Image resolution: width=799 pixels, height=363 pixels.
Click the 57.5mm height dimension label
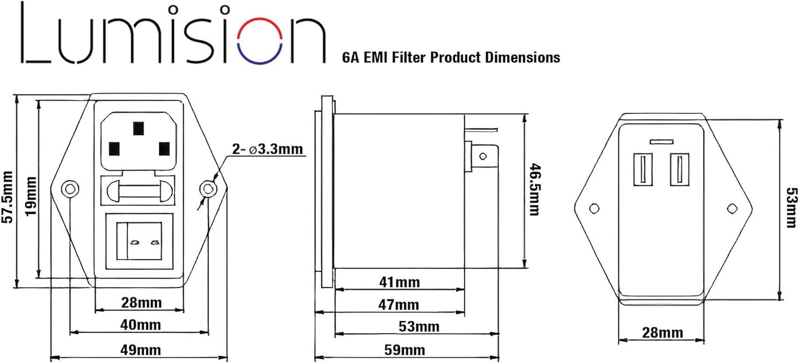click(7, 196)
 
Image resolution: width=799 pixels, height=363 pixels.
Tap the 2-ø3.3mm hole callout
click(267, 149)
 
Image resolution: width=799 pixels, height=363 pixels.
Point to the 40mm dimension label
click(140, 325)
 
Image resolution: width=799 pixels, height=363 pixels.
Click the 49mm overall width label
click(140, 350)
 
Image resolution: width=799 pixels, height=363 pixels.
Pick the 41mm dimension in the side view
click(399, 282)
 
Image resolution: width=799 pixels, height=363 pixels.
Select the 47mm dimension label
click(399, 305)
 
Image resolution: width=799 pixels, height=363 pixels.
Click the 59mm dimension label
click(405, 350)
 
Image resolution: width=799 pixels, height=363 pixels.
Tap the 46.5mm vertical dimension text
click(534, 190)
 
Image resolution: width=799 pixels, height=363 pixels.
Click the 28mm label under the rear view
click(663, 333)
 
